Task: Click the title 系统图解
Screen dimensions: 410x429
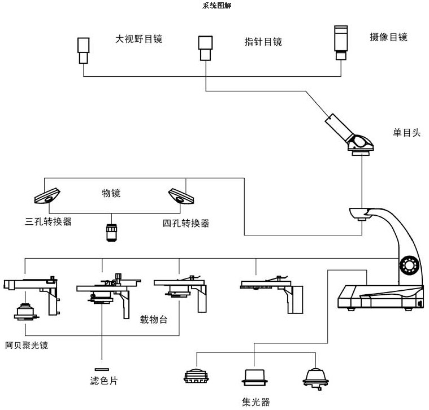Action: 216,6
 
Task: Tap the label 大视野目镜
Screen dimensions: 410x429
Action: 138,39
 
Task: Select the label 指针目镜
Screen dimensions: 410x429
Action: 263,41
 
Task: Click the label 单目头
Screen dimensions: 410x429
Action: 407,133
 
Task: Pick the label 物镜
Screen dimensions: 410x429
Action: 111,193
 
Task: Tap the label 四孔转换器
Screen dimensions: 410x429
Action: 186,223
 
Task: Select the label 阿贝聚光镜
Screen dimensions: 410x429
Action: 26,345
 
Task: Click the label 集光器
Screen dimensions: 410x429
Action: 255,402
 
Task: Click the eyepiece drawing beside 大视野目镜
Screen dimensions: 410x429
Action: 84,49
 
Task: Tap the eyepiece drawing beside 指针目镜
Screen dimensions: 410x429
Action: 205,47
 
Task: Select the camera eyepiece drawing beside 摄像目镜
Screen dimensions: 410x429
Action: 341,41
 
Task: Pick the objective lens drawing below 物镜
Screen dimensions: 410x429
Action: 111,232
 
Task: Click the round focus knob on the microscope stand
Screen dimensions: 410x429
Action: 408,264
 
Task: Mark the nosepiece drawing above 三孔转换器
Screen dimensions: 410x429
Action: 46,194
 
